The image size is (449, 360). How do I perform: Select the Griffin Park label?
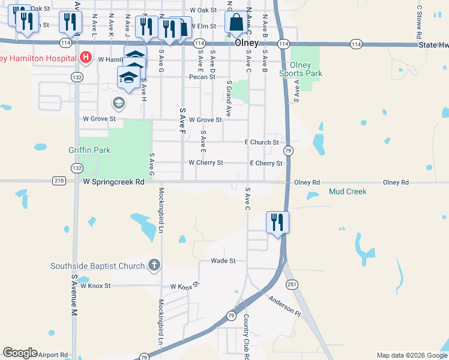(x=89, y=150)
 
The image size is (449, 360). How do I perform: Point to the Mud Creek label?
(x=348, y=191)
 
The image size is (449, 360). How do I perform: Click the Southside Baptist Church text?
(x=97, y=266)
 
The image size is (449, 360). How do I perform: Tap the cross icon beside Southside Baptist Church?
(x=154, y=265)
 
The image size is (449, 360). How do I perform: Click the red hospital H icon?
(x=86, y=58)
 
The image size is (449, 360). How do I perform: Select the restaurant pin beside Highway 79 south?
(x=277, y=223)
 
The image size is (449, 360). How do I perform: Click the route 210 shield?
(x=59, y=181)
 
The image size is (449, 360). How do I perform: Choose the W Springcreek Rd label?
(x=114, y=181)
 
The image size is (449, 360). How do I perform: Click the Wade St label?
(x=223, y=261)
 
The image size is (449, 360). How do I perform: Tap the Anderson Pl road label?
(x=284, y=305)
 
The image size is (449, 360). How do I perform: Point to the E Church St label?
(x=262, y=143)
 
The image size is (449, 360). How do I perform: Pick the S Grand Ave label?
(x=229, y=98)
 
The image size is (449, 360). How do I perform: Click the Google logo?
(x=20, y=353)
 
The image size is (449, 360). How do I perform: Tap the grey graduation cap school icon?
(x=118, y=103)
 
